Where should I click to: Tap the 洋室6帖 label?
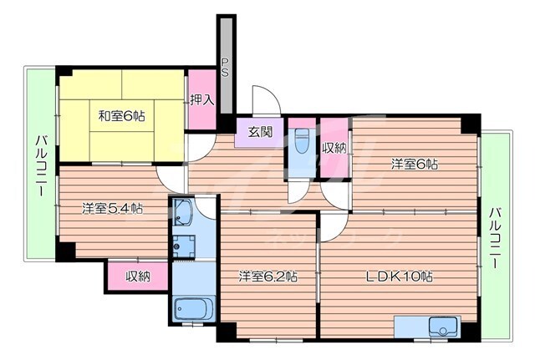click(x=414, y=165)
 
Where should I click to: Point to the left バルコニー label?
click(x=39, y=165)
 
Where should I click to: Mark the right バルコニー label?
click(x=496, y=237)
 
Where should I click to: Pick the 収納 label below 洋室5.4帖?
click(x=137, y=276)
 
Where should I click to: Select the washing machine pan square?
click(x=184, y=246)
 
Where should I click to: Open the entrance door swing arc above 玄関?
click(x=262, y=99)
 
